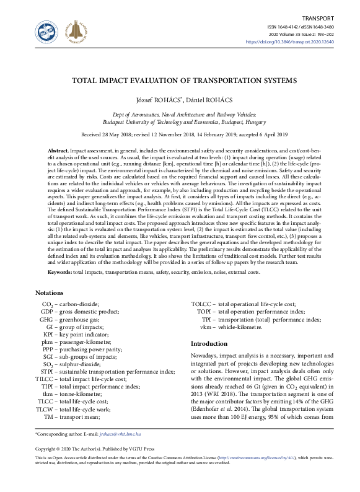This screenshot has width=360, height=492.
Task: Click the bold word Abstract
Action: [x=58, y=151]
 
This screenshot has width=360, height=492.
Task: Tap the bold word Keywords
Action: [x=61, y=272]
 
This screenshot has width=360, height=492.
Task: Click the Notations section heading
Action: [x=50, y=292]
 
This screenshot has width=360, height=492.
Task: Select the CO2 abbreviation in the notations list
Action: [x=47, y=304]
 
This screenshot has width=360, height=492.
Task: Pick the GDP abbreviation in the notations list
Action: [x=47, y=312]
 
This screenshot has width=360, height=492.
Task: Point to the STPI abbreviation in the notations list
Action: [x=47, y=371]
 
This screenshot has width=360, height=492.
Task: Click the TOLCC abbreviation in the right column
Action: [x=202, y=304]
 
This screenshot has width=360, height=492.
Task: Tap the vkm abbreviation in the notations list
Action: [x=206, y=327]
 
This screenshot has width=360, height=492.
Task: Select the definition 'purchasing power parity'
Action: [x=92, y=349]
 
